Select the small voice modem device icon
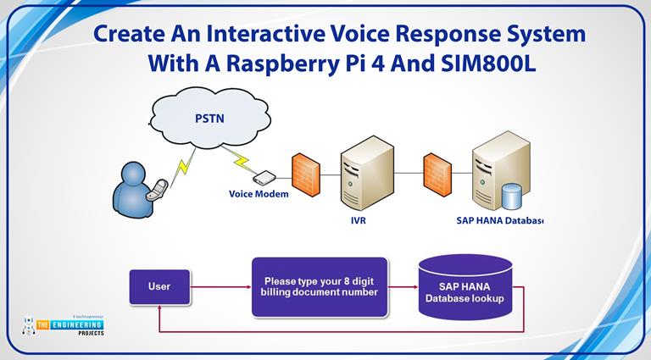click(x=264, y=177)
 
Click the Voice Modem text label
click(x=259, y=194)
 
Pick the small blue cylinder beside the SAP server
click(x=513, y=196)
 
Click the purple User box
click(x=159, y=286)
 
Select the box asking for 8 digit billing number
click(x=320, y=287)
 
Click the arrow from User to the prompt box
click(x=220, y=287)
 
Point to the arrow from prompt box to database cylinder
click(x=403, y=287)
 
